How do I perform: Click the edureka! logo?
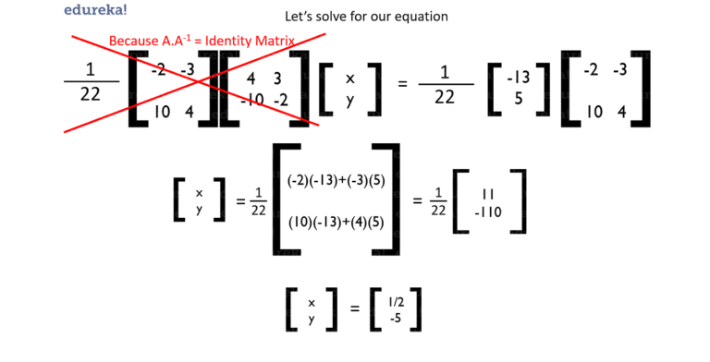coord(96,11)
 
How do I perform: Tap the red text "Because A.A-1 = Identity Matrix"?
coord(202,42)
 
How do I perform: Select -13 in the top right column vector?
coord(519,78)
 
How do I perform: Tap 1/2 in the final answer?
coord(396,303)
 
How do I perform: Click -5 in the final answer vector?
coord(396,319)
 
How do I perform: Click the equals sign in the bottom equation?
coord(354,310)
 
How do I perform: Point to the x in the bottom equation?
coord(312,303)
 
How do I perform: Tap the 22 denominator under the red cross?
coord(91,95)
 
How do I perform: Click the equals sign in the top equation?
coord(402,84)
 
